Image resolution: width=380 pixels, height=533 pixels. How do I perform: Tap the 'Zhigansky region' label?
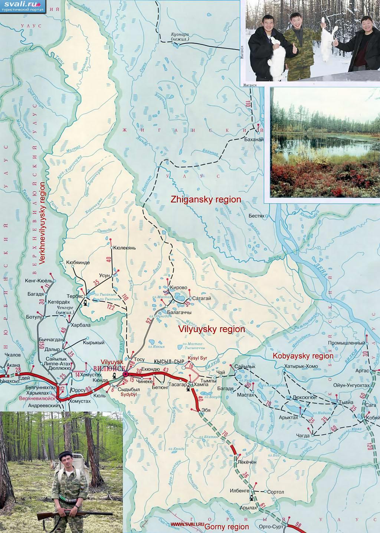click(206, 199)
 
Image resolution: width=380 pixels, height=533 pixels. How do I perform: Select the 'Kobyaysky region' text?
click(303, 356)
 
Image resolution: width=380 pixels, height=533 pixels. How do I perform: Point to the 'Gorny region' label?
click(226, 527)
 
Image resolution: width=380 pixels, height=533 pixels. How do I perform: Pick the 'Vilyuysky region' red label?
click(212, 329)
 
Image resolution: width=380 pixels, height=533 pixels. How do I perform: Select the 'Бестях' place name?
click(256, 216)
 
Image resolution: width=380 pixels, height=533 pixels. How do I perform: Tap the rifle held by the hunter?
click(74, 514)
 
